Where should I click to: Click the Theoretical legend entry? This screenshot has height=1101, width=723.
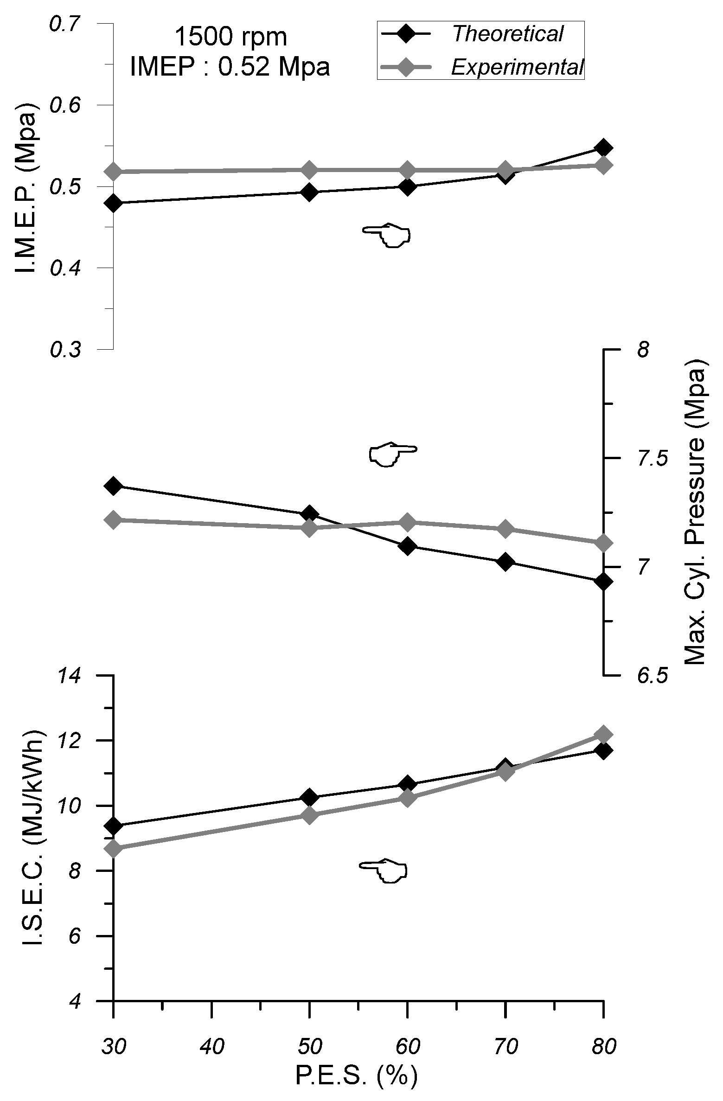[507, 34]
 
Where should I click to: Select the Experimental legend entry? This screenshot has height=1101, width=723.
[517, 68]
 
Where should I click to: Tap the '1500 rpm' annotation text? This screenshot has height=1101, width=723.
[230, 37]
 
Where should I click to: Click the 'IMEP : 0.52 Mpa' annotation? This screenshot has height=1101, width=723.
[230, 67]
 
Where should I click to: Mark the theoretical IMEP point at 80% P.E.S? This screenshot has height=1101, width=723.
[603, 148]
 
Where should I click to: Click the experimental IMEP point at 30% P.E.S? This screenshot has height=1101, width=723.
[114, 172]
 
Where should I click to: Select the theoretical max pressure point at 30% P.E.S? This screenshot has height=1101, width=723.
[114, 486]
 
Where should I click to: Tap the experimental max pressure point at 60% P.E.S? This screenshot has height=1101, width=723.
[407, 522]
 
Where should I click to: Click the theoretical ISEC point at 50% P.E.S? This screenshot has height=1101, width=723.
[309, 798]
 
